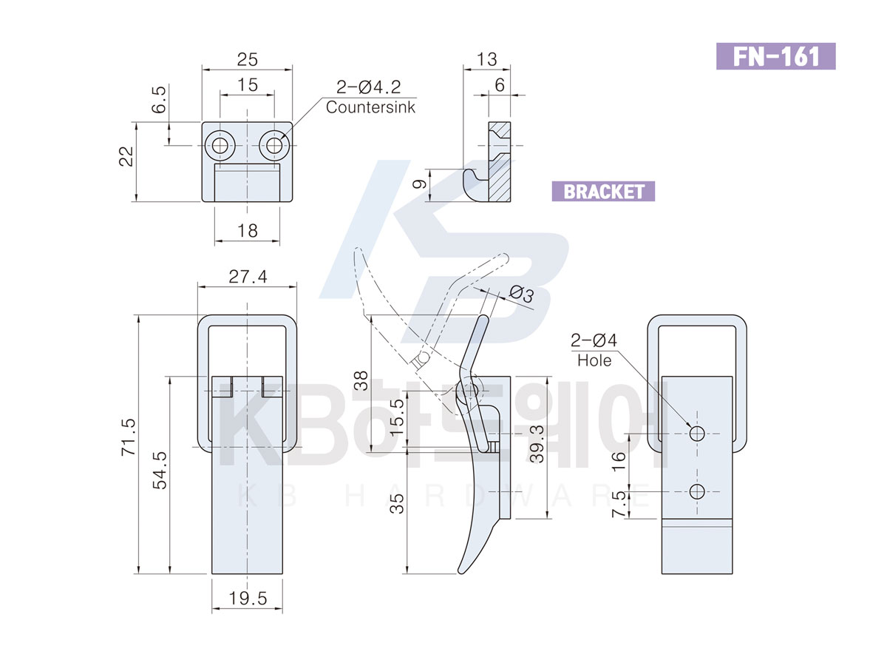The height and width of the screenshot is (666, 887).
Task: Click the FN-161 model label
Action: tap(775, 56)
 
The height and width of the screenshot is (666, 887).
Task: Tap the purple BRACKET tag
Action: tap(603, 191)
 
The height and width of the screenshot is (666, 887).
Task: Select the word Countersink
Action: tap(370, 107)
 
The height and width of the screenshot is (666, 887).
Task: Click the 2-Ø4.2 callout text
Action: tap(368, 87)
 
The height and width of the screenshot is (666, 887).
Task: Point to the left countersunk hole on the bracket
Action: tap(220, 145)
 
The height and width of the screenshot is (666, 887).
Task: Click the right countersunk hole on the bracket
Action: tap(274, 145)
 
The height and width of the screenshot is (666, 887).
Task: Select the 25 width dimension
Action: tap(248, 59)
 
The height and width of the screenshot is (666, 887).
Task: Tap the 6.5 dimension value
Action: tap(160, 99)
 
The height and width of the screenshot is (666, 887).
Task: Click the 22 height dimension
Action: tap(126, 156)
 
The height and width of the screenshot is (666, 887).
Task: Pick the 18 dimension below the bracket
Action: tap(248, 231)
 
